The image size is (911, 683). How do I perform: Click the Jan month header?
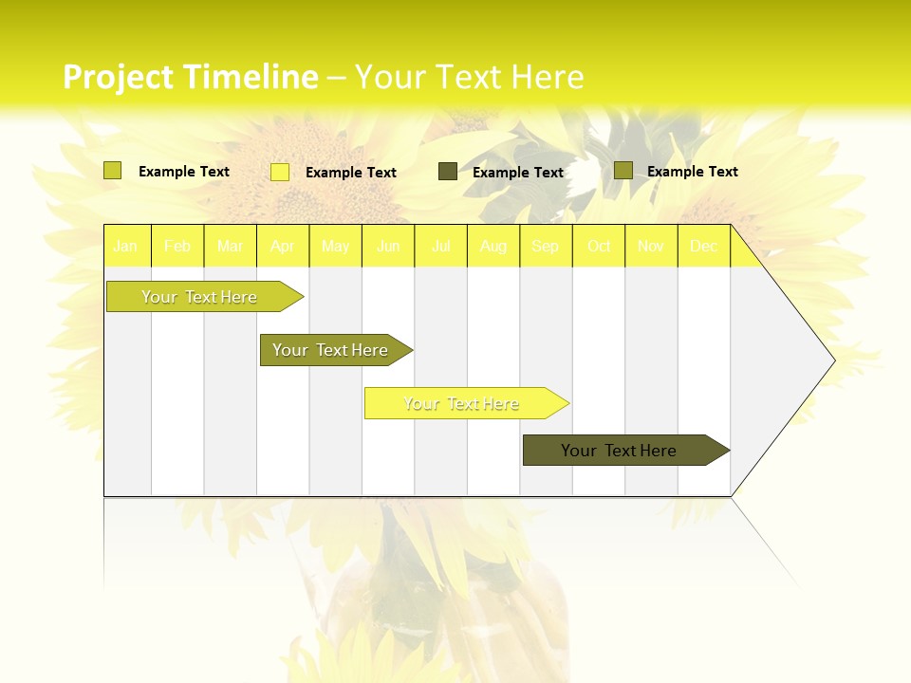click(x=126, y=246)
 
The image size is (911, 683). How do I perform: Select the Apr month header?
click(x=282, y=246)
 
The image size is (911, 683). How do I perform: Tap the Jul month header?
click(x=440, y=246)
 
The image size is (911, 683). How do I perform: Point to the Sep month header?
click(x=545, y=246)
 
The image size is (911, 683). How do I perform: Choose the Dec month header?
click(x=703, y=246)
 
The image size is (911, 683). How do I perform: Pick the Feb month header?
click(x=177, y=246)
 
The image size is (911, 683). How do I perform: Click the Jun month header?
click(x=388, y=246)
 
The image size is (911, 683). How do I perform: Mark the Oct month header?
click(x=599, y=246)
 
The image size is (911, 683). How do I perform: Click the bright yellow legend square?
click(x=280, y=172)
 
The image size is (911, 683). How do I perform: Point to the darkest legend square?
click(x=448, y=172)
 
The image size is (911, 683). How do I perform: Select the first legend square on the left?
click(x=113, y=171)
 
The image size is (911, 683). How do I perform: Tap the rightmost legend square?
click(x=623, y=171)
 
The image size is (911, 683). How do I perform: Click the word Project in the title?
click(x=118, y=77)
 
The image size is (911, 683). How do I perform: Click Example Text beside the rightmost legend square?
click(x=692, y=172)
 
